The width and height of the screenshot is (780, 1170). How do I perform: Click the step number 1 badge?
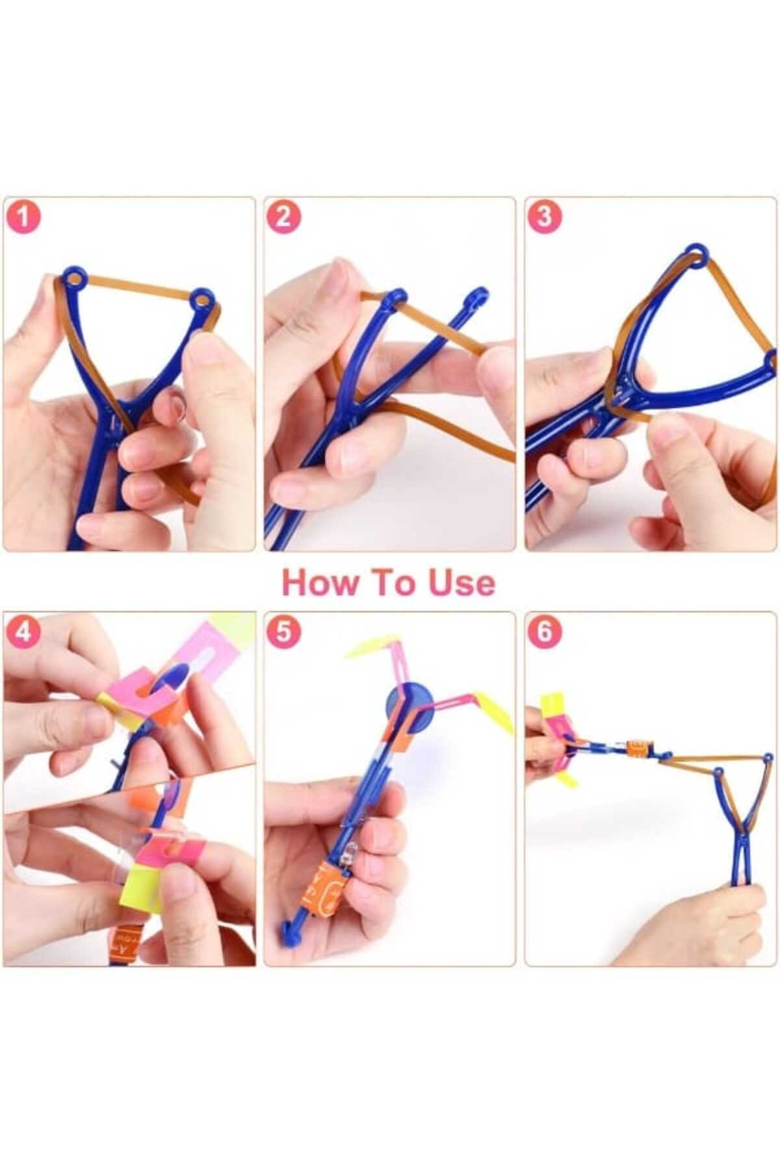point(23,217)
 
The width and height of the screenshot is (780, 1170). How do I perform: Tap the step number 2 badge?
point(283,217)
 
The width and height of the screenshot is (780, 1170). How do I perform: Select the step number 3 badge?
point(544,217)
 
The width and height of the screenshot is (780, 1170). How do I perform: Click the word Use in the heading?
point(461,582)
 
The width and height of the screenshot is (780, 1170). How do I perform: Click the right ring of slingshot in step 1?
point(202,301)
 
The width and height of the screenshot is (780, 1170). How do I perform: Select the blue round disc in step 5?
point(409,703)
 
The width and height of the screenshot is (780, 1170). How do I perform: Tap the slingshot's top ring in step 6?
point(768,757)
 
